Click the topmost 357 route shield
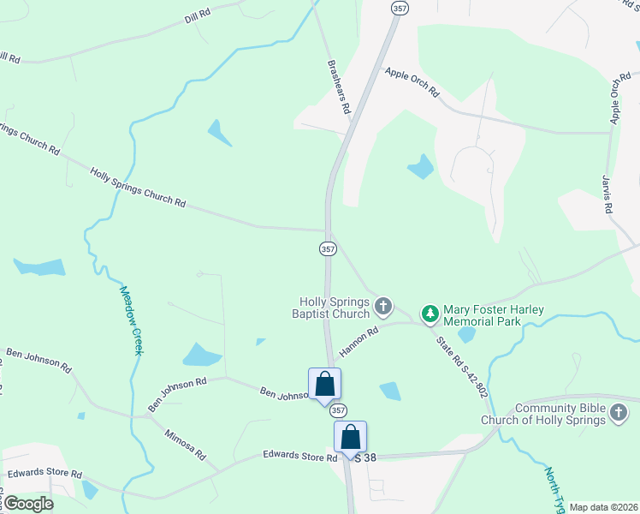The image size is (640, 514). (399, 8)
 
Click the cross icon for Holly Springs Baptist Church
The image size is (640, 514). (384, 304)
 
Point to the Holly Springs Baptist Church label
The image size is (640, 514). (334, 308)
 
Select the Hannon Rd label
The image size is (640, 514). (359, 342)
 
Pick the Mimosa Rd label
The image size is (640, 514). (186, 443)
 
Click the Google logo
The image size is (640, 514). (28, 504)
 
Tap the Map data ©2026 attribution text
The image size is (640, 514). (603, 507)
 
